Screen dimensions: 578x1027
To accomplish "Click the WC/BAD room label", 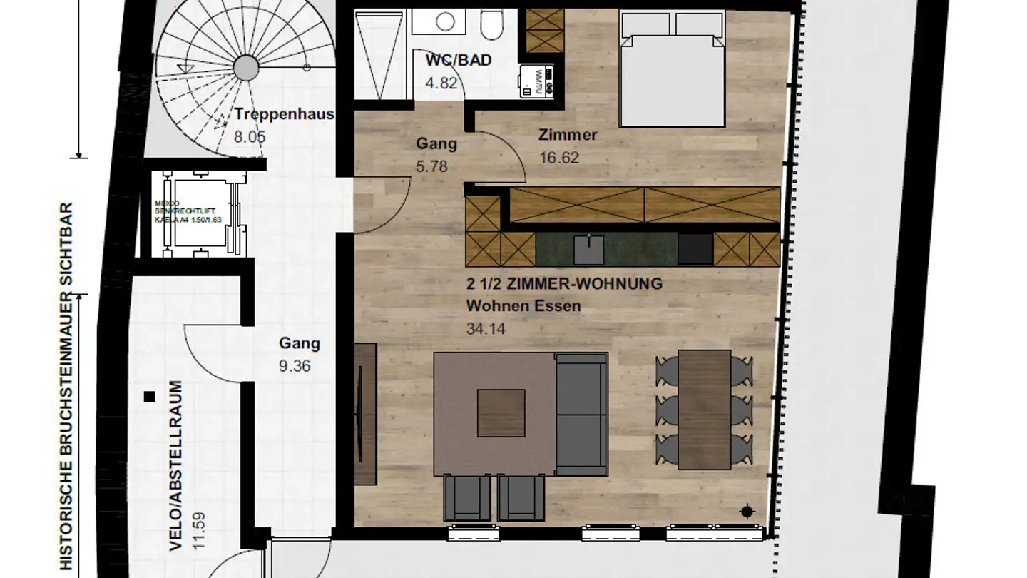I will [458, 60].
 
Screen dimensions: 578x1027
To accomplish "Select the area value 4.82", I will [441, 82].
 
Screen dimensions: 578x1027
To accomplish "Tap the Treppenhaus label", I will [285, 114].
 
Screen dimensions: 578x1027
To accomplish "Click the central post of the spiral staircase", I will [246, 68].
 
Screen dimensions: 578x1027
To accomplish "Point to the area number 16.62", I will [558, 158].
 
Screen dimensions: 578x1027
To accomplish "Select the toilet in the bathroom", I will [491, 25].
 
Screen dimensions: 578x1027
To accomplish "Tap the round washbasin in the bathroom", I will [446, 21].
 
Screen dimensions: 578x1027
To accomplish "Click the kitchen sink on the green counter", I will [588, 249].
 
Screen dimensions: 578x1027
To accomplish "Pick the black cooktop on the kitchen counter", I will [695, 249].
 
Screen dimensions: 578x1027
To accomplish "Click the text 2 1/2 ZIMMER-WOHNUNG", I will [564, 283].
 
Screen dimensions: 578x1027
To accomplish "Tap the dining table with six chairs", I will [704, 409].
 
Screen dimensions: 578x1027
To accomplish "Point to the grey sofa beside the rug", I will [581, 413].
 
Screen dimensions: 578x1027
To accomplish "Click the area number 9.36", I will [295, 366].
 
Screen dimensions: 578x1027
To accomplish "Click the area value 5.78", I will [431, 166].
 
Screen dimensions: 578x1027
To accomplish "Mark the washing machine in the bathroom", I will [536, 81].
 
